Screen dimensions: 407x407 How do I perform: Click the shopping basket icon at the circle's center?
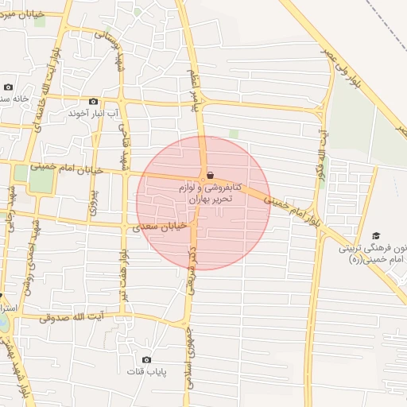click(209, 176)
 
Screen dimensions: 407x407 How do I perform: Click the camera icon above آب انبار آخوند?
click(93, 101)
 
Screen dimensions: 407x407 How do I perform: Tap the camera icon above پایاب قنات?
click(146, 359)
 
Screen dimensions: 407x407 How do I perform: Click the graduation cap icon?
click(376, 235)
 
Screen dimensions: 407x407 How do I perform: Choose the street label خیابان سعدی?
click(160, 226)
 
